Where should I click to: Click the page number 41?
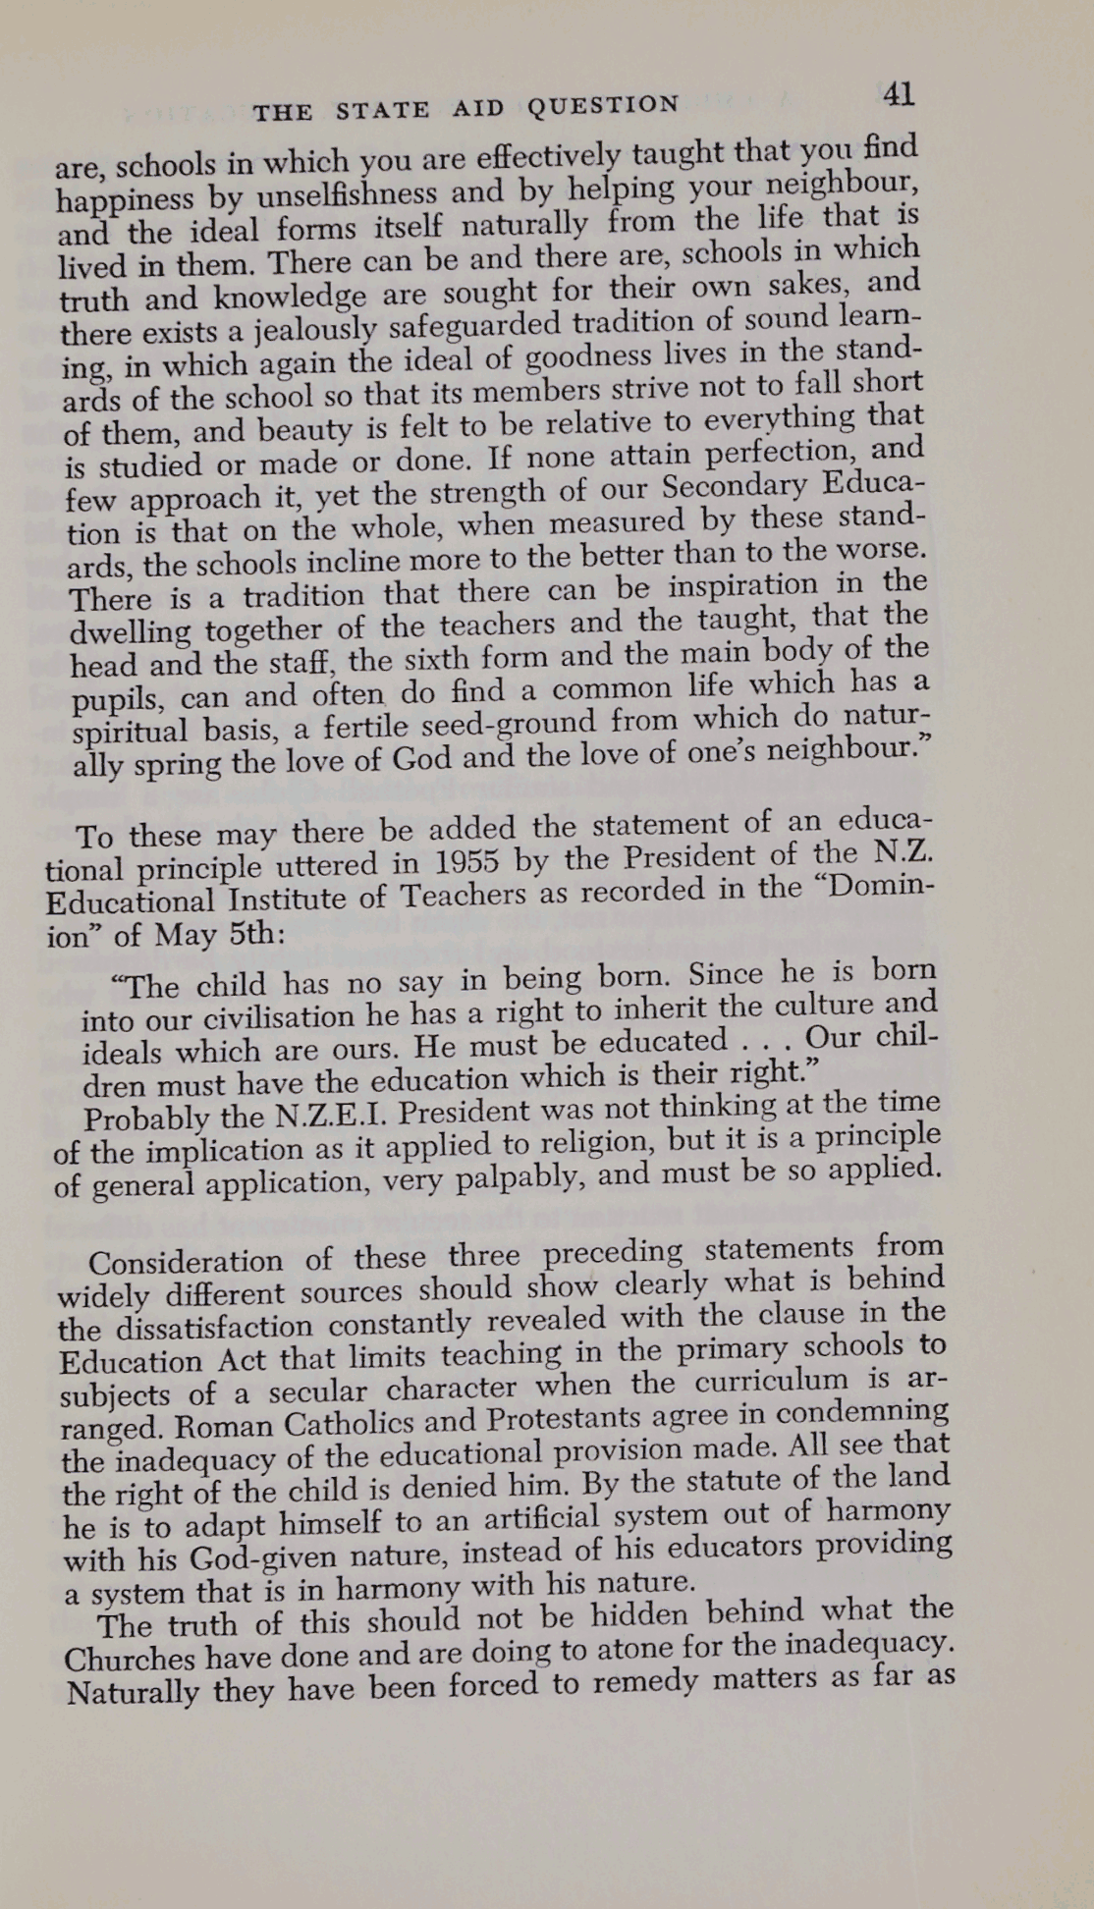pyautogui.click(x=899, y=94)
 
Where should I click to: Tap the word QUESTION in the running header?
pyautogui.click(x=603, y=105)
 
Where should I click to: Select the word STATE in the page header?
pyautogui.click(x=382, y=110)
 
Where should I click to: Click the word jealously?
pyautogui.click(x=315, y=327)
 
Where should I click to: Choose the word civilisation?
pyautogui.click(x=271, y=1016)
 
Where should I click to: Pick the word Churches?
pyautogui.click(x=128, y=1659)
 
